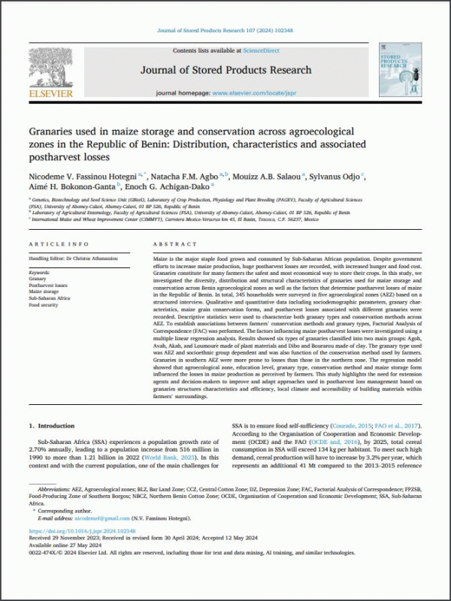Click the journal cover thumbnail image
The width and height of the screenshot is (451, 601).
[x=399, y=71]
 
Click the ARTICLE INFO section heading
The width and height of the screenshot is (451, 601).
[x=58, y=245]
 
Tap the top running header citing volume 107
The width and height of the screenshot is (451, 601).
[x=225, y=30]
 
